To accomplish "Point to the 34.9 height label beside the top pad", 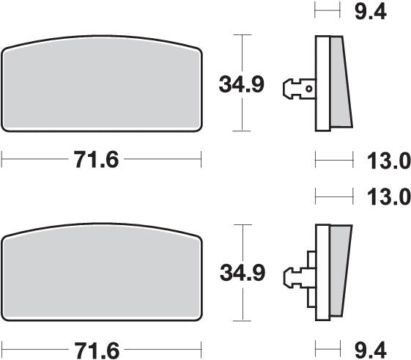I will pyautogui.click(x=241, y=85).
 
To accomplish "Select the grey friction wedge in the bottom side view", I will pyautogui.click(x=339, y=273).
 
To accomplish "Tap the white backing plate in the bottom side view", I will pyautogui.click(x=322, y=273).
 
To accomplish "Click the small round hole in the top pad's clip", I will pyautogui.click(x=310, y=89).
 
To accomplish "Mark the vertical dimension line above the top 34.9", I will pyautogui.click(x=242, y=51).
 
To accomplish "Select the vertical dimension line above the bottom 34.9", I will pyautogui.click(x=242, y=242).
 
